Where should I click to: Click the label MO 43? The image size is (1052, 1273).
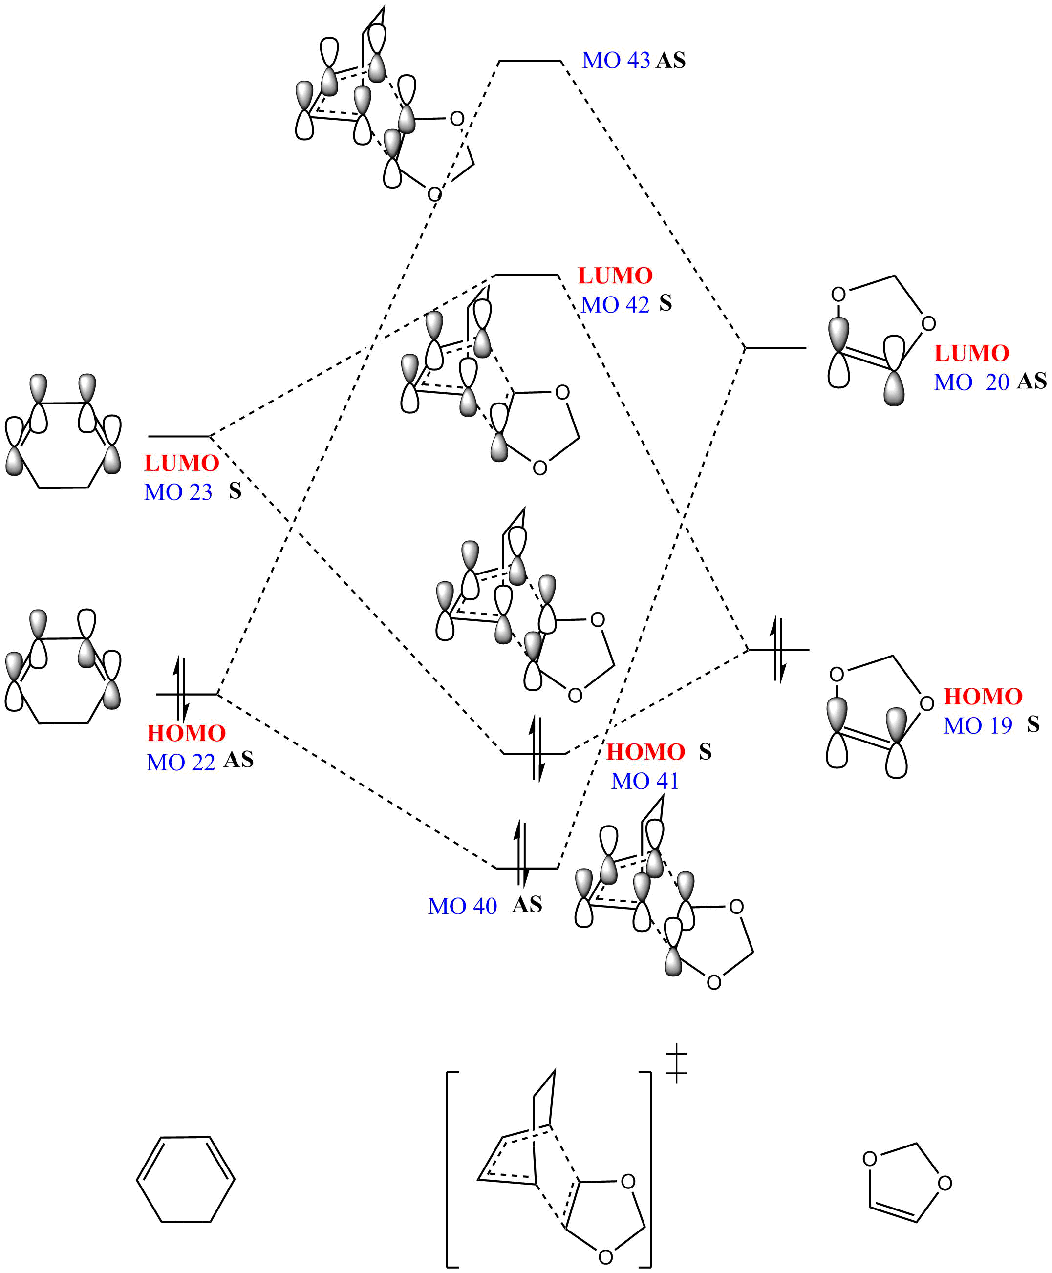click(616, 61)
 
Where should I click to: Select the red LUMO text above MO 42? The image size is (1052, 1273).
click(615, 276)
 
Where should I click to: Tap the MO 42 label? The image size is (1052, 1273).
click(615, 305)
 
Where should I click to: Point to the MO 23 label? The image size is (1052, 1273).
click(178, 492)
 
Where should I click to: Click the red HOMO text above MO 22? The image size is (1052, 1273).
click(186, 733)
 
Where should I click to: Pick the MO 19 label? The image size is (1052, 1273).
click(977, 726)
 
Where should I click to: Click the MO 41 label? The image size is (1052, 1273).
click(645, 781)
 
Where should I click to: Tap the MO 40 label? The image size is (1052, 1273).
click(462, 907)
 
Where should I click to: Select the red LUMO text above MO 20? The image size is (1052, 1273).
click(971, 353)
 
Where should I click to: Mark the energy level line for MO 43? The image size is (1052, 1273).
click(530, 61)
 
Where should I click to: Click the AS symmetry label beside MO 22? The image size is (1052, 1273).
click(239, 760)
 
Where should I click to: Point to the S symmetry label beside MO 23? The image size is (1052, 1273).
click(235, 491)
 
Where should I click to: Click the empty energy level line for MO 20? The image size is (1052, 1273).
click(775, 348)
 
